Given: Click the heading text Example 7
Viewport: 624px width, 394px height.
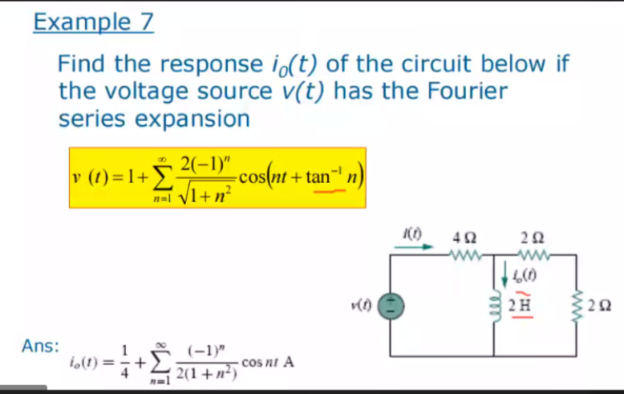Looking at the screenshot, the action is (x=92, y=22).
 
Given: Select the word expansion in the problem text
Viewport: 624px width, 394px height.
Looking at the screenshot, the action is (x=200, y=119).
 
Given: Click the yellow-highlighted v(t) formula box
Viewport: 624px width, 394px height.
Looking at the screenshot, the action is (x=217, y=177).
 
